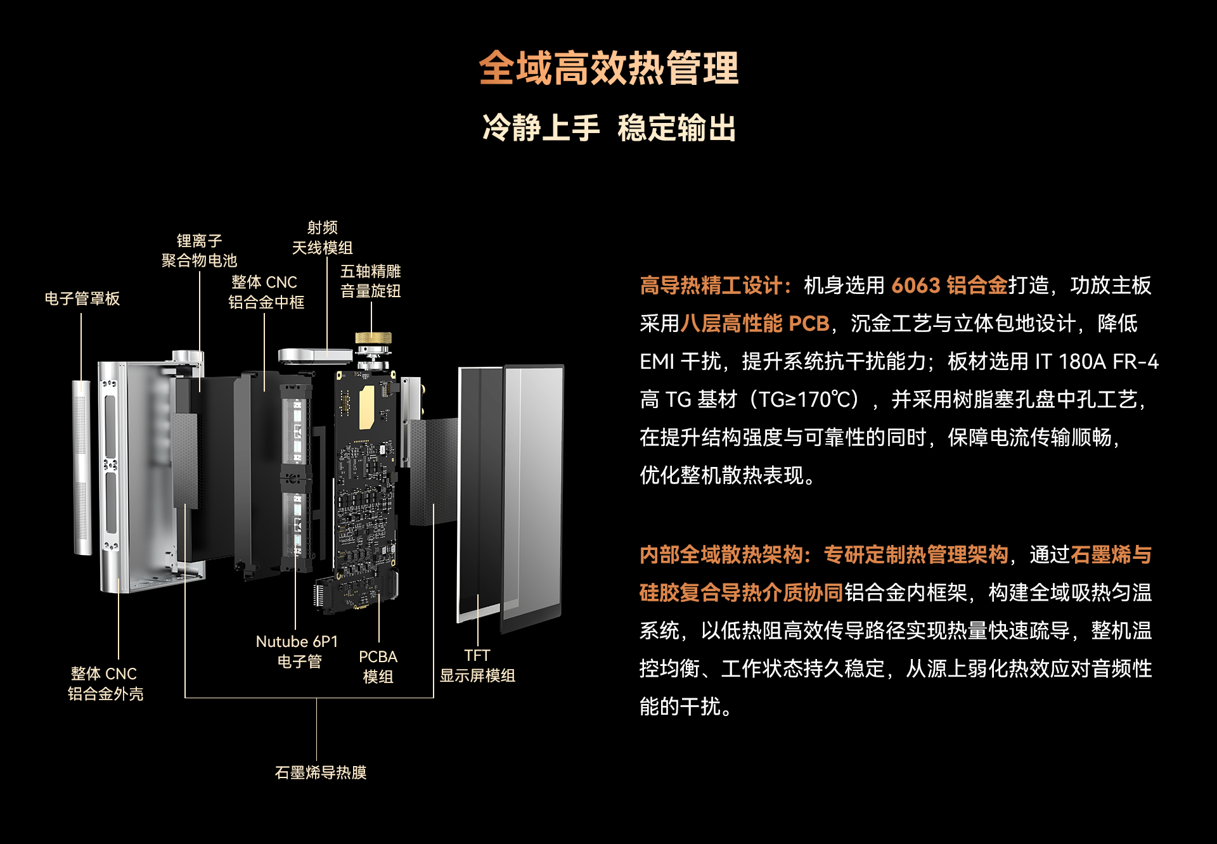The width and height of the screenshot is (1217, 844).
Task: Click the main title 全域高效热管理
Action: (608, 68)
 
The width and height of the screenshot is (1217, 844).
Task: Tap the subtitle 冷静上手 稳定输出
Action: (608, 128)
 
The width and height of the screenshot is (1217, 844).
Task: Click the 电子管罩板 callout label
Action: (82, 298)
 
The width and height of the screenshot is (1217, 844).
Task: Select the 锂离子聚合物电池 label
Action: (199, 250)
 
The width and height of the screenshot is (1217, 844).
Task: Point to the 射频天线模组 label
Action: (322, 238)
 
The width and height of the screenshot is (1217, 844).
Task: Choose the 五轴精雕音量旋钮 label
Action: (371, 281)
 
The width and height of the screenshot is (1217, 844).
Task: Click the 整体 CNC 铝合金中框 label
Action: (266, 292)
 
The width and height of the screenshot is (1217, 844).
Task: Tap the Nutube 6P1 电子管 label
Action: (297, 651)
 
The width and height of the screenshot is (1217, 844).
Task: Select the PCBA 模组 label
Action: (378, 667)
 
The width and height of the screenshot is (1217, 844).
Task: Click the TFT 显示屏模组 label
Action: (477, 665)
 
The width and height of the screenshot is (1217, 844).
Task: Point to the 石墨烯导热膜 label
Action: (321, 772)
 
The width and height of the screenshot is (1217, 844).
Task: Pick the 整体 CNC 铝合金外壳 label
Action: (105, 684)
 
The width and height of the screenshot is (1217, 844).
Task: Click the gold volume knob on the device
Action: (373, 338)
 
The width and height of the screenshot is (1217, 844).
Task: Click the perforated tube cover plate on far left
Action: (82, 468)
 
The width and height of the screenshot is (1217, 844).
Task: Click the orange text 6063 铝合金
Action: (949, 286)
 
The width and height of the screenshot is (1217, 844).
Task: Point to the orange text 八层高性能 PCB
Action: (755, 324)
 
